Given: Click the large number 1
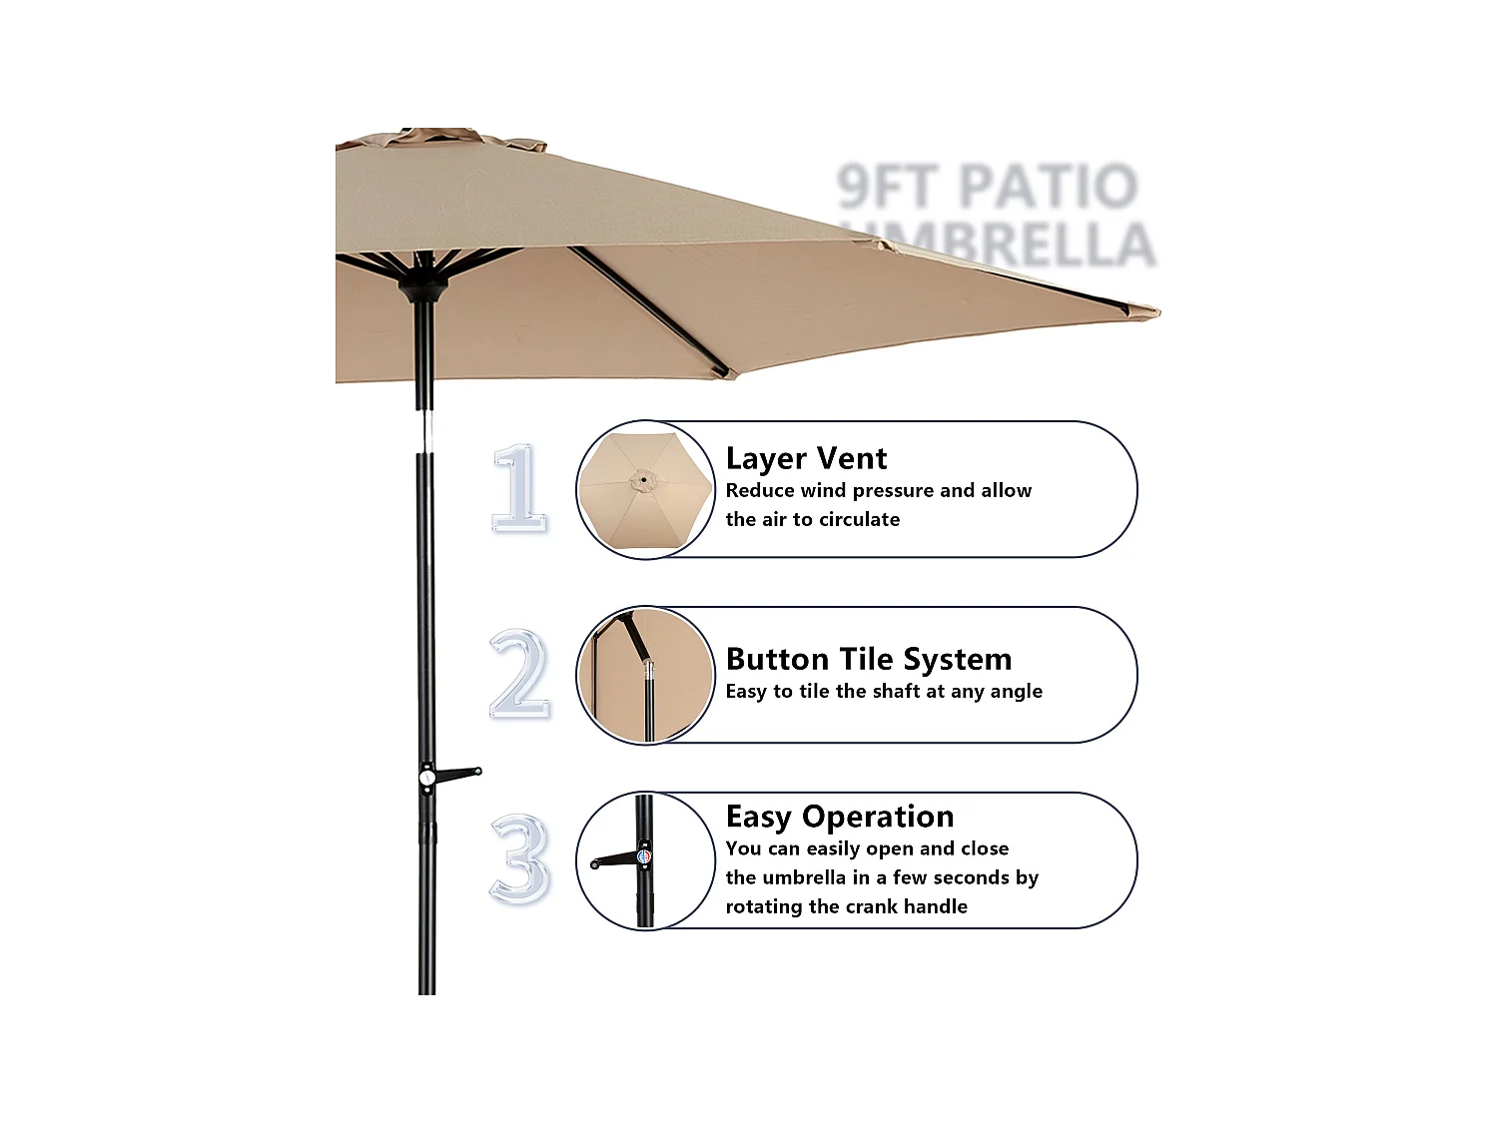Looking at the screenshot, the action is (x=519, y=488).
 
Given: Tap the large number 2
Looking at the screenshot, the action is (x=519, y=674).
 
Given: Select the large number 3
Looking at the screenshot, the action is (x=519, y=859).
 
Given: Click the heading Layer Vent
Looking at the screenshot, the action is (x=806, y=458).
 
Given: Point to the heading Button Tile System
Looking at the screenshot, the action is (x=869, y=659).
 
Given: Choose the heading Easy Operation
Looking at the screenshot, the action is (x=840, y=817).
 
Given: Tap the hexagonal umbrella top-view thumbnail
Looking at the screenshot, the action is (x=645, y=489).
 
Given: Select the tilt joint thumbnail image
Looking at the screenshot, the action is (x=646, y=675).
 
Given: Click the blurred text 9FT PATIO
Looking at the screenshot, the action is (x=987, y=187).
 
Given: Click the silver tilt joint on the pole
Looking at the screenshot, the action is (x=425, y=430).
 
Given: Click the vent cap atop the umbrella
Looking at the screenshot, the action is (x=439, y=138).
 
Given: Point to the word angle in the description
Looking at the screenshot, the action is (x=1016, y=691).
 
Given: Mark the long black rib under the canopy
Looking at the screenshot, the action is (x=649, y=309).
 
